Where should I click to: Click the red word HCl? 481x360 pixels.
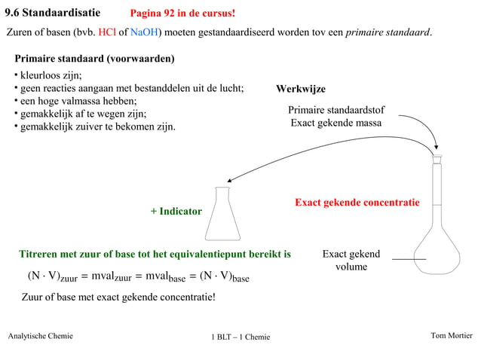click(x=107, y=33)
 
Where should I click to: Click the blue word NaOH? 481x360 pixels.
click(x=142, y=33)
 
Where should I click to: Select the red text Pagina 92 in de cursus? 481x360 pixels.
click(x=182, y=14)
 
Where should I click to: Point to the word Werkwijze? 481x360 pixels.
click(x=301, y=89)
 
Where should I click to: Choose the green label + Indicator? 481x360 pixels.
click(x=176, y=212)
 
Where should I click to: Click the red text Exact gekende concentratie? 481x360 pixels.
click(x=357, y=203)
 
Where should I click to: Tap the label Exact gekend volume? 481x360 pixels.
click(x=351, y=261)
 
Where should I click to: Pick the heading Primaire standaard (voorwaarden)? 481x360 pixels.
click(x=95, y=58)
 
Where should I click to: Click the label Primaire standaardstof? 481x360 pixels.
click(x=336, y=110)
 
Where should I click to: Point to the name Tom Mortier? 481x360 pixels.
click(x=451, y=336)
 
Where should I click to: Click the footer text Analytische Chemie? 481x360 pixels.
click(x=40, y=336)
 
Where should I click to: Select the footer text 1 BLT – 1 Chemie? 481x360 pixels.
click(x=240, y=337)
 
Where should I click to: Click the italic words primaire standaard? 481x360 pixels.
click(x=388, y=33)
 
